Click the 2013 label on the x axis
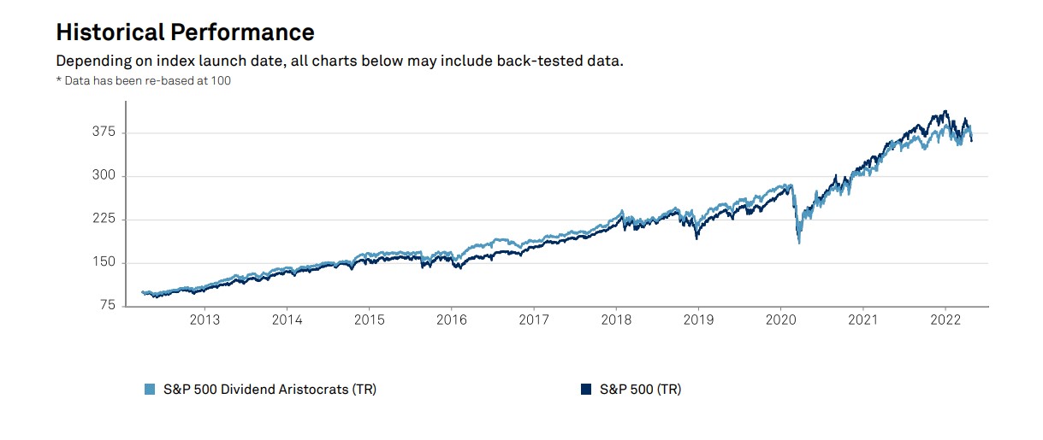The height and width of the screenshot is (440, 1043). pos(204,320)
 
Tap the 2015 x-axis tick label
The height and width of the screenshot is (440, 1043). pos(369,320)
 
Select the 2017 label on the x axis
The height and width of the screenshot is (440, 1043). pos(534,320)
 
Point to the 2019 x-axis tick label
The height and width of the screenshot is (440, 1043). pos(698,320)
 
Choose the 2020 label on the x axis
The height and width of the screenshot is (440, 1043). pos(780,320)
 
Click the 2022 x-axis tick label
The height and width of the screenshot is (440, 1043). pos(945,320)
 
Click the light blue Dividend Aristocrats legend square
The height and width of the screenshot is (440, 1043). pos(150,390)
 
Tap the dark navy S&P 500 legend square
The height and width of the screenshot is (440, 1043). pos(585,390)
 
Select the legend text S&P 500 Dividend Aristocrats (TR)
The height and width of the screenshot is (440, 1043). pos(269,390)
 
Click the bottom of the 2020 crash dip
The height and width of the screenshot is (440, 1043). pos(799,243)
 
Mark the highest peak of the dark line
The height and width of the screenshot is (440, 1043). pos(945,111)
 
